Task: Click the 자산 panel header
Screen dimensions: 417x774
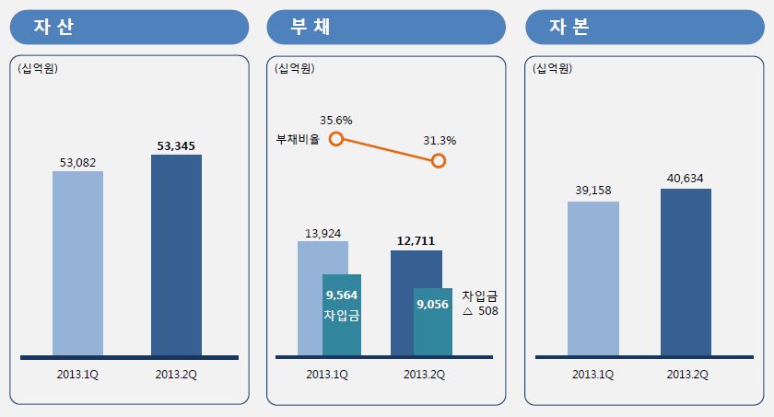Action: (129, 27)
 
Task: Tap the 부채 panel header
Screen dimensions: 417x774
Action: (386, 27)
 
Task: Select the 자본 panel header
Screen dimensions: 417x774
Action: (644, 27)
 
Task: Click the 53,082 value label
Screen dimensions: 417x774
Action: (77, 163)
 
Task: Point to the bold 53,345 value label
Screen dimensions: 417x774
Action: (176, 145)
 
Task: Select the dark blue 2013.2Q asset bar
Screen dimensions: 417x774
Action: (176, 254)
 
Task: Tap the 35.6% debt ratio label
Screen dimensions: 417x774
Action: (336, 120)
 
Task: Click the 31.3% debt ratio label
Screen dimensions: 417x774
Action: (440, 141)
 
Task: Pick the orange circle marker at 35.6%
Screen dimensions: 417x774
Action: (336, 139)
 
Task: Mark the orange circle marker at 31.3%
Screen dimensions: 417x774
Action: (439, 161)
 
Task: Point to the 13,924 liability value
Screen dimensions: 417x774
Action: (322, 233)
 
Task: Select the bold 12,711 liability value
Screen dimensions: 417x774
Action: (416, 242)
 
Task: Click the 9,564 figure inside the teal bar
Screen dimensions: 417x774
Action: (342, 295)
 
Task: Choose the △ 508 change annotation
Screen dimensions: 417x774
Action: (479, 311)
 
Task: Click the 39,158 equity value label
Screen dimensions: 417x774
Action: (593, 191)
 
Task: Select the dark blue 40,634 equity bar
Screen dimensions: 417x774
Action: (686, 272)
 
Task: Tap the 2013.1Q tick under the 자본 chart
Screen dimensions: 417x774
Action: (592, 374)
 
